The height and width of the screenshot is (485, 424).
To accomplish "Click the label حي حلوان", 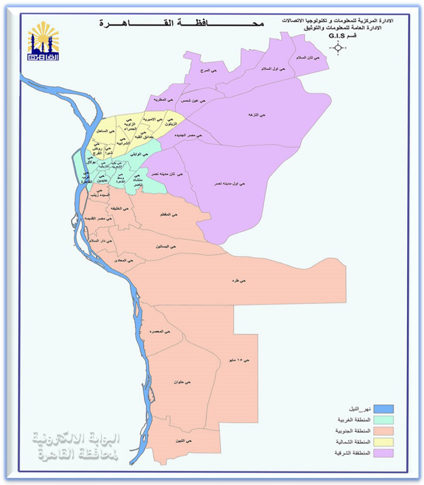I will (183, 383).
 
